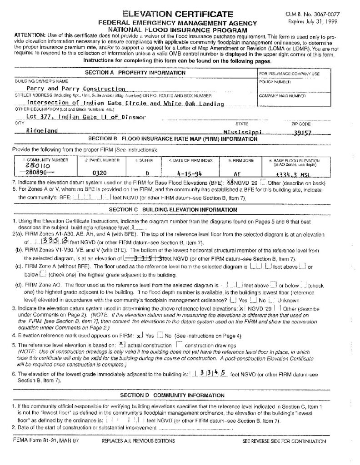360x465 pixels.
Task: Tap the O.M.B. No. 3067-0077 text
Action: [x=320, y=15]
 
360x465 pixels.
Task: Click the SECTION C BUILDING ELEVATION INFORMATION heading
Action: [x=173, y=210]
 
